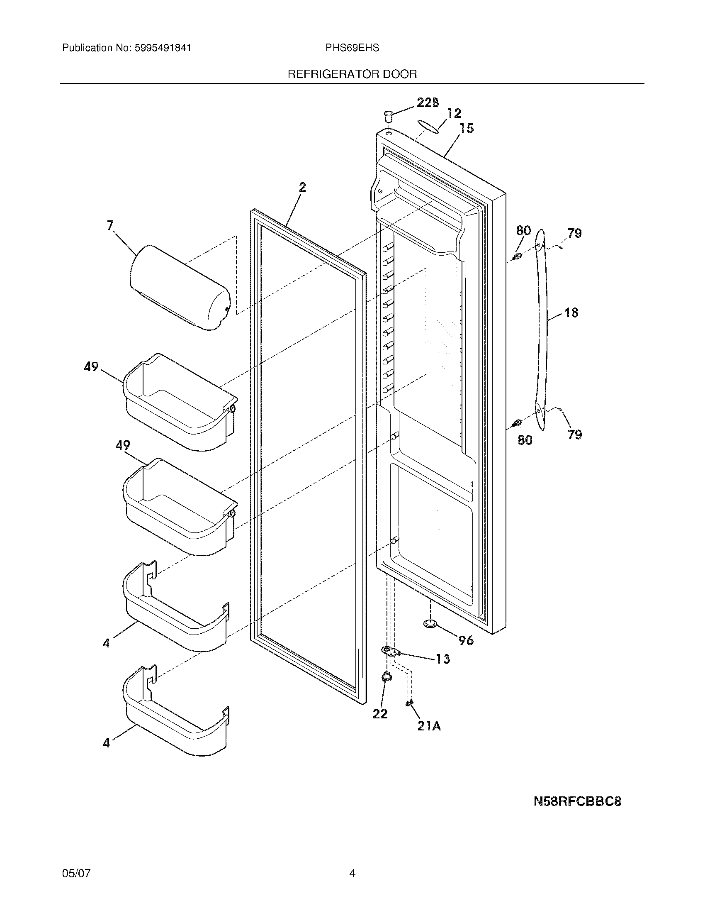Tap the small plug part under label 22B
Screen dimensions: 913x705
[389, 116]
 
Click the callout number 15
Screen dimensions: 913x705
[467, 128]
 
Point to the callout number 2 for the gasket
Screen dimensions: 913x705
[302, 187]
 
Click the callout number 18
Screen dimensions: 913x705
[571, 312]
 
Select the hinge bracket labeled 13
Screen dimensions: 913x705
[390, 651]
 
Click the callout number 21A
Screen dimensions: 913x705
[429, 727]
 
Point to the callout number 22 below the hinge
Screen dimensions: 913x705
[380, 714]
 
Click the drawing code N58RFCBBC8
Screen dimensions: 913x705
[577, 802]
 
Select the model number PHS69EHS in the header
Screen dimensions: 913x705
[352, 48]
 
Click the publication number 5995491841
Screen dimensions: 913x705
[163, 48]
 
